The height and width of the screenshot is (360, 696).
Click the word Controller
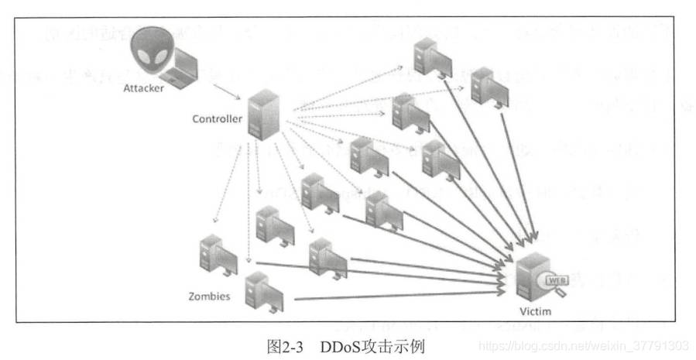coord(218,119)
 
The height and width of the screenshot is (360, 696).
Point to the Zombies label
coord(209,296)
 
